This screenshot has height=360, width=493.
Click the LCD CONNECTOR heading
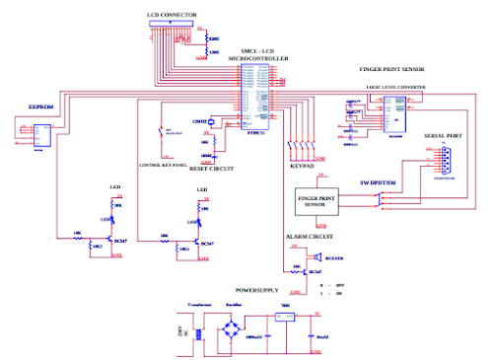tap(172, 16)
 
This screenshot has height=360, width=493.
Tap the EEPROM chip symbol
tap(41, 132)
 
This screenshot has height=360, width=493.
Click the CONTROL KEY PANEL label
tap(162, 164)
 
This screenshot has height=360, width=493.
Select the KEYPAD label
tap(303, 169)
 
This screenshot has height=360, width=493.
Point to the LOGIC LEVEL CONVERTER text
tap(394, 87)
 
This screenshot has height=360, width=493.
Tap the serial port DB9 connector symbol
tap(441, 159)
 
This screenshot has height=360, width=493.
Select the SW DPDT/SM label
tap(379, 182)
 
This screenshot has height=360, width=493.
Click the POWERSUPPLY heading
tap(259, 292)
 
